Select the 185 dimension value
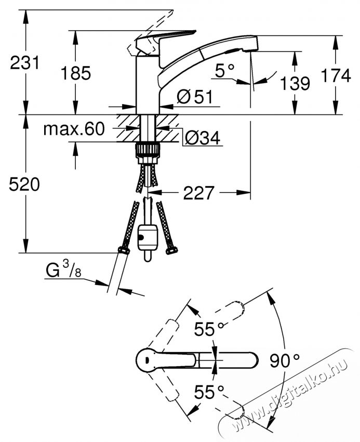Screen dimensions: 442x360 pos(76,73)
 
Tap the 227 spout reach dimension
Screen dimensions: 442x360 pos(198,193)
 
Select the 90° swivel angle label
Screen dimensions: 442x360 pos(284,359)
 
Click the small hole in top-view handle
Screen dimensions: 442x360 pos(148,359)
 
